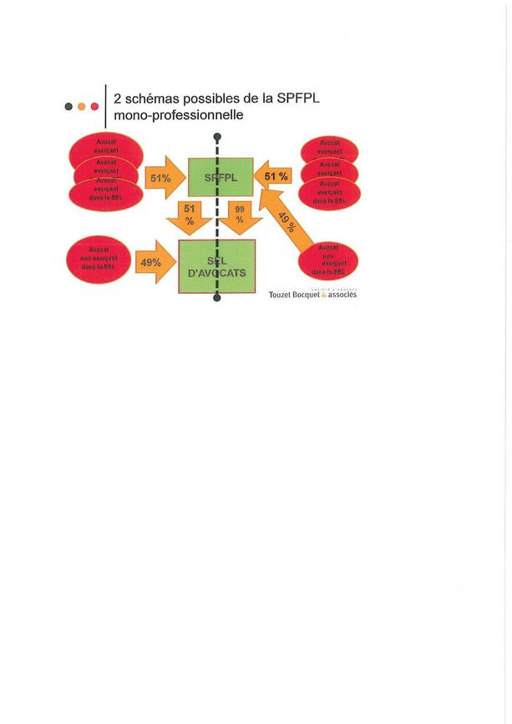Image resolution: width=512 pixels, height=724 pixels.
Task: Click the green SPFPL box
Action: pos(221,177)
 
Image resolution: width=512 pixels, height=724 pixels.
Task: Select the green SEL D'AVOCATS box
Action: pos(217,266)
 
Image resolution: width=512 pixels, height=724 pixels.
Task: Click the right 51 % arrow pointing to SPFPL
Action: pos(275,177)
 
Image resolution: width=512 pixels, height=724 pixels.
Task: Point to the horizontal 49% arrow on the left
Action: pos(153,262)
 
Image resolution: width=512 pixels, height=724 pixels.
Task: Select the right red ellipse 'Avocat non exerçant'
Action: pos(327,261)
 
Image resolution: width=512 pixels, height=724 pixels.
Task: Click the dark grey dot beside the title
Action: pos(68,107)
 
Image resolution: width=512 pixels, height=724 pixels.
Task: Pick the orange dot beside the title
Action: pos(81,107)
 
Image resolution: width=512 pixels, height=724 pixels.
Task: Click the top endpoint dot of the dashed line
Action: pos(217,136)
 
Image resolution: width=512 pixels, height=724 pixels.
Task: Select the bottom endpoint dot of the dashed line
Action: pos(217,298)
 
